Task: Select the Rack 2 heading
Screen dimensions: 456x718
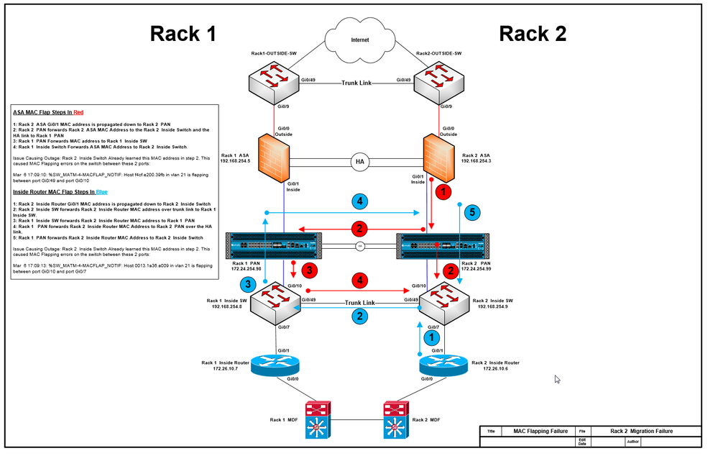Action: (533, 33)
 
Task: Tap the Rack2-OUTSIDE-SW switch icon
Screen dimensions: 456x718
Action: (438, 81)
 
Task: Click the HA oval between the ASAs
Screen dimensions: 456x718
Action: (359, 162)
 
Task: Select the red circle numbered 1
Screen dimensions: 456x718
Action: (443, 191)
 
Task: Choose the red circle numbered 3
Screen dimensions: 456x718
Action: (308, 270)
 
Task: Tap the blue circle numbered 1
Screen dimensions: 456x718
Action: (432, 336)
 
